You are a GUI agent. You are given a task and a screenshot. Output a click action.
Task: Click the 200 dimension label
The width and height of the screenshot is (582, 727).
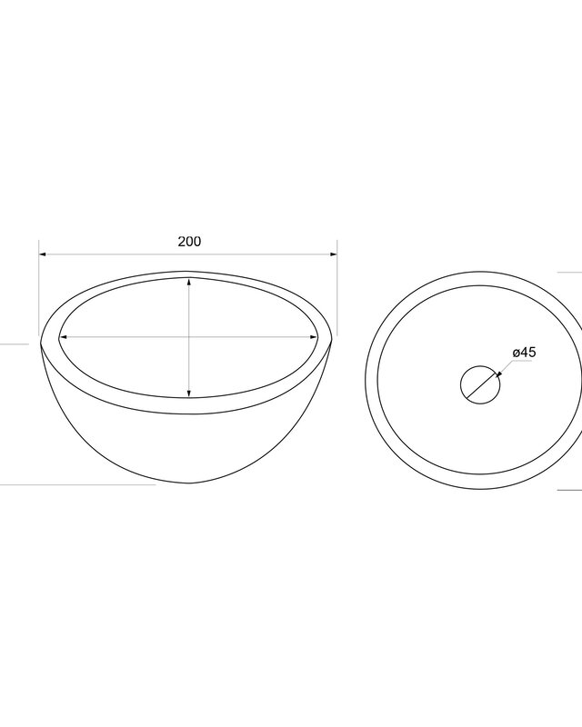coord(189,242)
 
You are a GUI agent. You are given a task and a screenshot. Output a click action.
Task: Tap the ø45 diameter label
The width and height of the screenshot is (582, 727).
coord(524,353)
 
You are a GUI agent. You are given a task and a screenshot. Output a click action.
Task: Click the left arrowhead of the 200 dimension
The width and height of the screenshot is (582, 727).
coord(42,254)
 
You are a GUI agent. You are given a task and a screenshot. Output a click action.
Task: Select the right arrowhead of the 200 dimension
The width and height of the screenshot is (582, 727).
coord(333,254)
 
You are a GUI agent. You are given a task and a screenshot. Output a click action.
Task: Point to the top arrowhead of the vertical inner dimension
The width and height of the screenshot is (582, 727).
coord(189,282)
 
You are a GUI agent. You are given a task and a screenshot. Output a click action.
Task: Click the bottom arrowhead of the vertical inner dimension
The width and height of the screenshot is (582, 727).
coord(189,393)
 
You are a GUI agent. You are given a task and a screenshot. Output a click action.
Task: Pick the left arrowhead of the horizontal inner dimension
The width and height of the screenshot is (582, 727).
coord(64,337)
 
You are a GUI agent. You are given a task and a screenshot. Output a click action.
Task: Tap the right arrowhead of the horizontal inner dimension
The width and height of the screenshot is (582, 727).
coord(315,337)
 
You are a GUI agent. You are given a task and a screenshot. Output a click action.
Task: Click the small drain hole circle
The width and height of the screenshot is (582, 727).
coord(480,365)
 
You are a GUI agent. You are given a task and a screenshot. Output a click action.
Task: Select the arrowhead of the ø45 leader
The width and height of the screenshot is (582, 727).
coord(498,374)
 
